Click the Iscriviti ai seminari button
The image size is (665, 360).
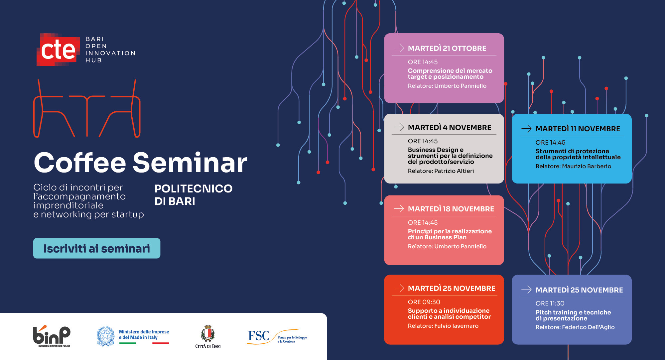click(x=97, y=248)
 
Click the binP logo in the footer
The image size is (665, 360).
click(x=52, y=336)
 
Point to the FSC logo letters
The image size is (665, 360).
click(x=259, y=336)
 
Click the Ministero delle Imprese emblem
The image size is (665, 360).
click(x=106, y=336)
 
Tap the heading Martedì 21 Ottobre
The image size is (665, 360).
click(x=447, y=49)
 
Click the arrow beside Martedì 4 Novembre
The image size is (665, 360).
click(x=399, y=127)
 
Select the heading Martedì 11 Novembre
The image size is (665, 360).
click(x=578, y=129)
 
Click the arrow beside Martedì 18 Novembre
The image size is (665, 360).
click(x=399, y=208)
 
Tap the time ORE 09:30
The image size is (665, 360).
click(x=424, y=302)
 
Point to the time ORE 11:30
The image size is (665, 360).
click(x=550, y=303)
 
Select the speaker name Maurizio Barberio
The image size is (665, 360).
click(x=587, y=166)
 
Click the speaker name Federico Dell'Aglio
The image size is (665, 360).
click(x=588, y=327)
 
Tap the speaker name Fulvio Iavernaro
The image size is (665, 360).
click(x=457, y=326)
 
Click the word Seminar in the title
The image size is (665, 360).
click(x=190, y=163)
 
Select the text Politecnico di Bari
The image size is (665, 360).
click(x=194, y=195)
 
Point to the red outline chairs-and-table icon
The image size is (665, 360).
click(x=87, y=108)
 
